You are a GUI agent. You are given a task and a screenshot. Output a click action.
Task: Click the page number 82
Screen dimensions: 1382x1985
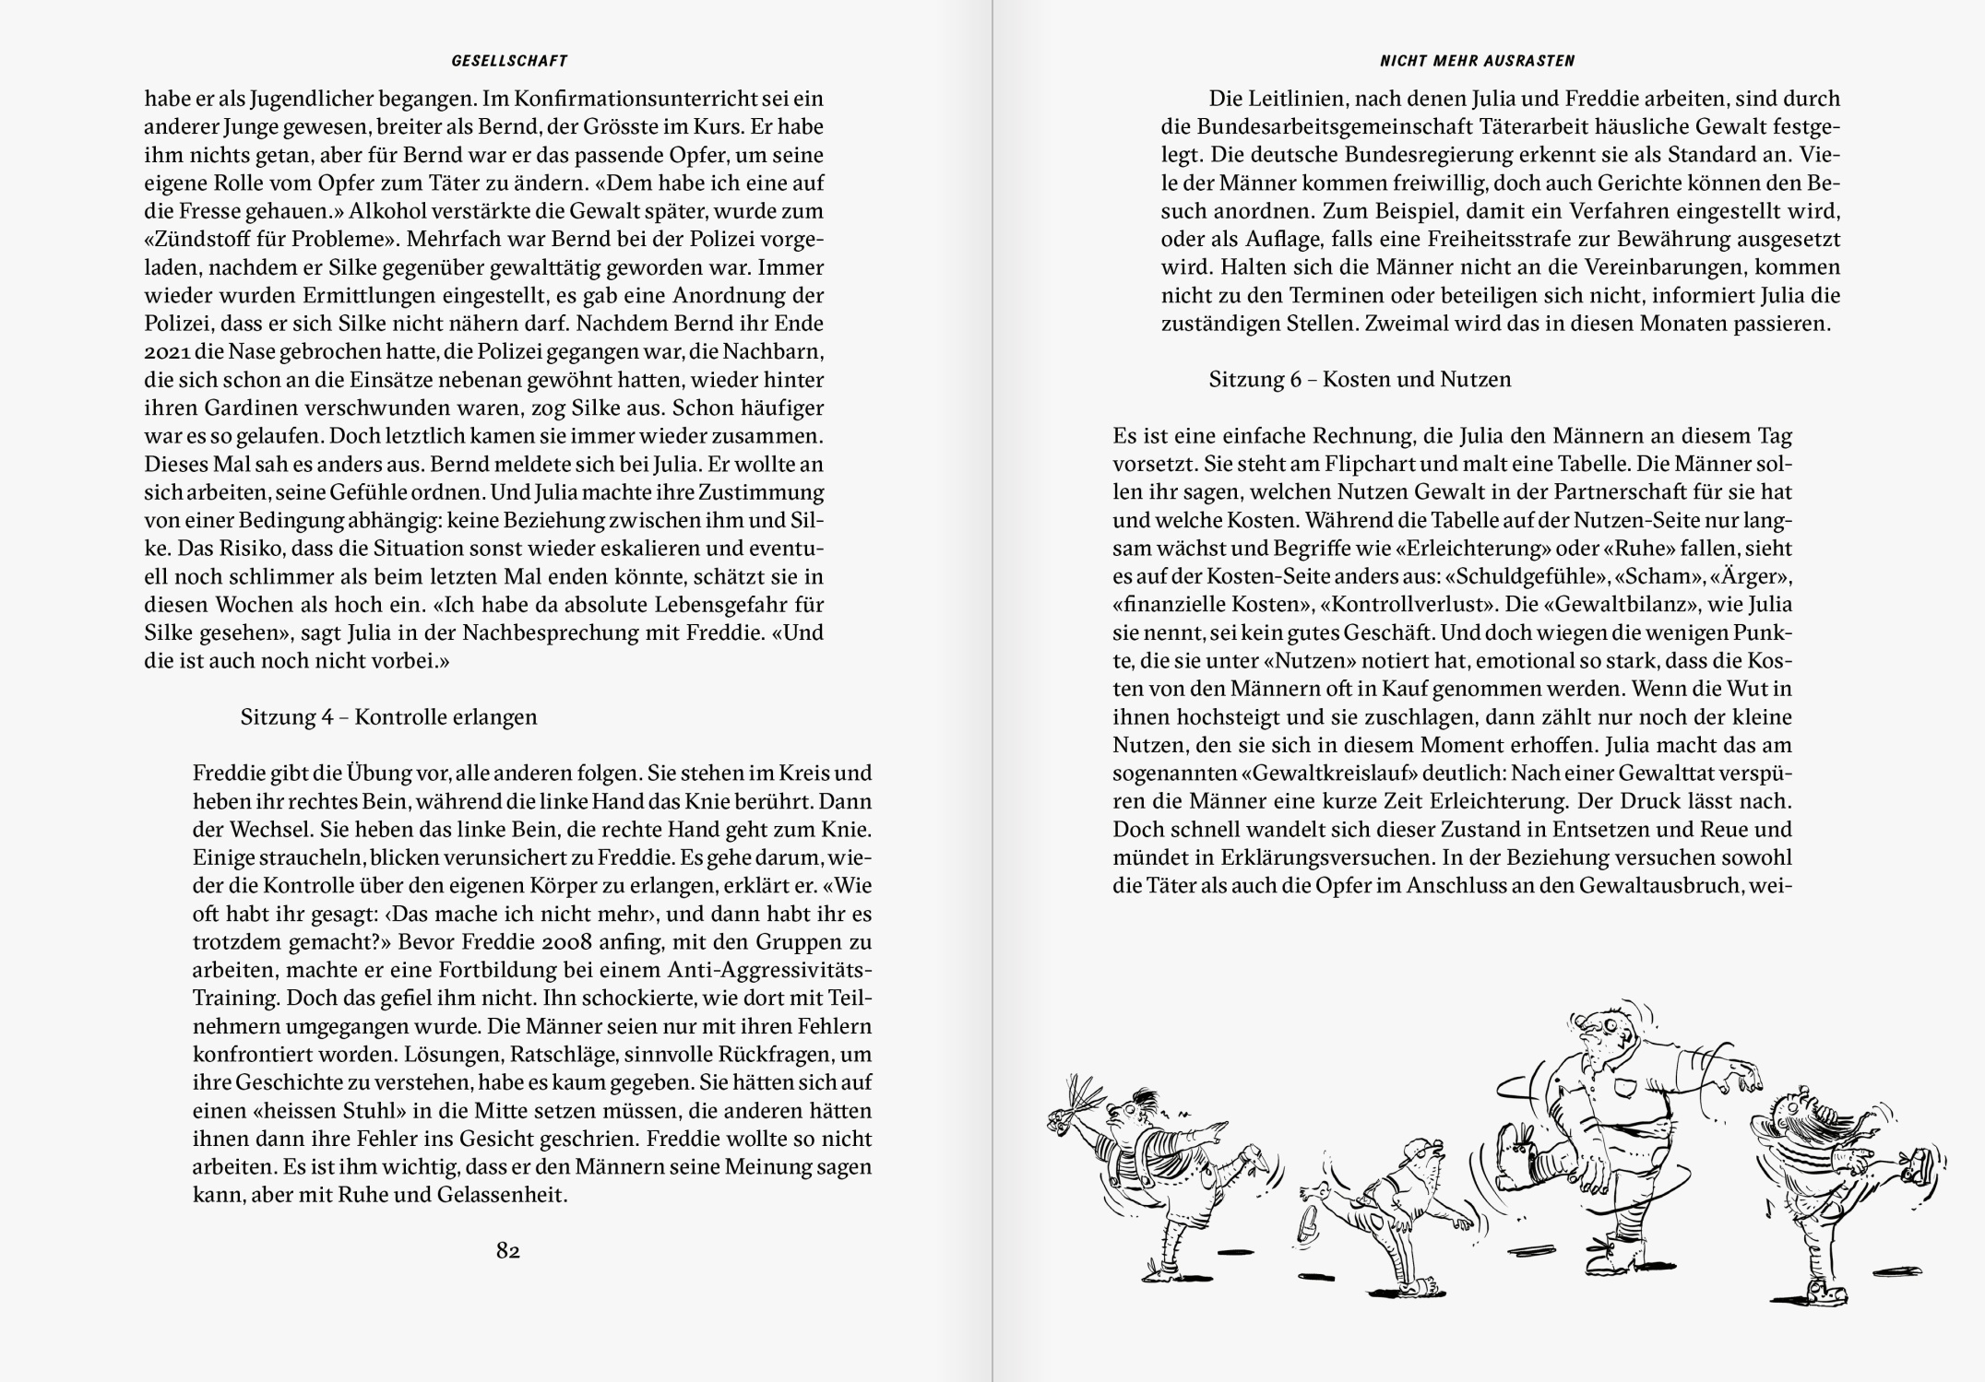(508, 1251)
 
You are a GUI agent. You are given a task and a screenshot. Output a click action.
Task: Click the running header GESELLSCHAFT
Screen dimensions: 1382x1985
(509, 61)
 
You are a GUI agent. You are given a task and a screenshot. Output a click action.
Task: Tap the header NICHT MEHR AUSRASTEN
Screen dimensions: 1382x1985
(1477, 61)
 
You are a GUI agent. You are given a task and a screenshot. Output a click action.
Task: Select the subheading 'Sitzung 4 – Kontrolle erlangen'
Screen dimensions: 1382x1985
(388, 716)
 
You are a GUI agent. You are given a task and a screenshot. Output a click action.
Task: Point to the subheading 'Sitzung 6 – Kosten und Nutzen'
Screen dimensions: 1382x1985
(1360, 379)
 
